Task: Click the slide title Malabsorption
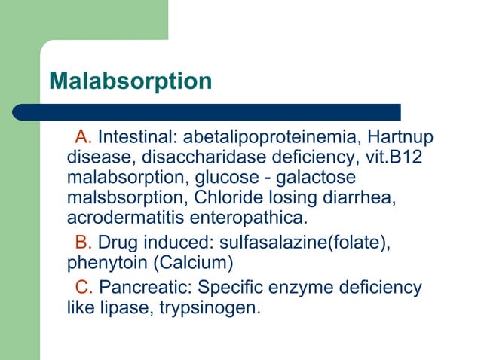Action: (x=130, y=81)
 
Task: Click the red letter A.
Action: (x=83, y=138)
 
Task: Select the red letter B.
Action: (x=83, y=243)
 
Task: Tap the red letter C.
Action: (x=84, y=288)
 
